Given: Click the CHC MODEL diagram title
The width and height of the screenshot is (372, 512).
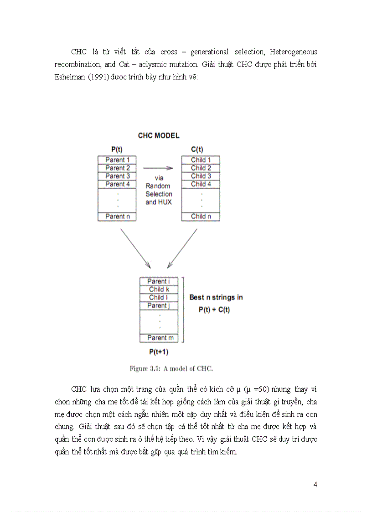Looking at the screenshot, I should point(158,135).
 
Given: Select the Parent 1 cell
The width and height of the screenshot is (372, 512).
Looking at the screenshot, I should point(117,160).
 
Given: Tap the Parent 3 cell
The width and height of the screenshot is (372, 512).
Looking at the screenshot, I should point(117,176).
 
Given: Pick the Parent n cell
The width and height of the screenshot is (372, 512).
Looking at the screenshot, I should point(117,217).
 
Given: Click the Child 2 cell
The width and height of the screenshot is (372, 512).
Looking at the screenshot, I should point(201,168).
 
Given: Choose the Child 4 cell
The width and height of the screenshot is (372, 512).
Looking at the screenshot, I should point(201,184).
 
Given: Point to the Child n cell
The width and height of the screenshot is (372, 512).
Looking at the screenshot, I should point(201,217).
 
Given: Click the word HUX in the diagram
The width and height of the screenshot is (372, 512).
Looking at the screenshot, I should point(165,202).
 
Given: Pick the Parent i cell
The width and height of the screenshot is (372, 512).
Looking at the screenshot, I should point(159,281).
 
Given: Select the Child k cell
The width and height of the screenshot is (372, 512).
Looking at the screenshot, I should point(159,290).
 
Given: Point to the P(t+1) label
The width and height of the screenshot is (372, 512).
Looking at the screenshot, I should point(159,352).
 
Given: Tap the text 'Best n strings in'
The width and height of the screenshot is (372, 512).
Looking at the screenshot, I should point(216,297).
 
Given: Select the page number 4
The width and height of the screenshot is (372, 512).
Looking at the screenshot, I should point(315,484).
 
